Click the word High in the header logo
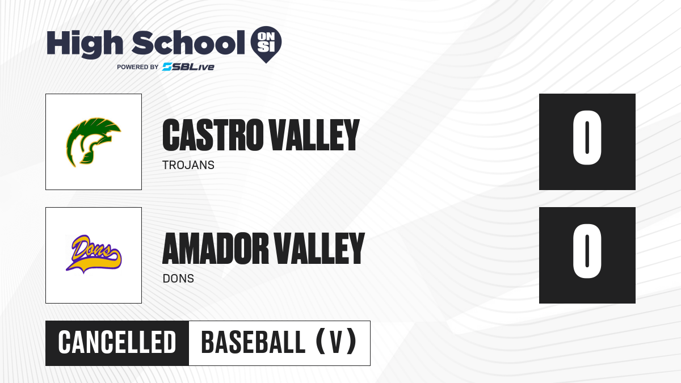pos(85,44)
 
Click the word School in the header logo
pos(188,43)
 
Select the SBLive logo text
pos(188,67)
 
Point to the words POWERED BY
pos(138,67)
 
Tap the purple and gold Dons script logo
pos(94,254)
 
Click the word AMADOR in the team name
pos(216,249)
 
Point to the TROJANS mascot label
pos(188,165)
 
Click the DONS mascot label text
pos(178,279)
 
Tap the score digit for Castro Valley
pos(587,138)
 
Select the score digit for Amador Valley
pos(587,251)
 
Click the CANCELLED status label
pos(117,343)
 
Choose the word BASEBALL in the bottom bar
pos(253,343)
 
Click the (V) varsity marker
pos(336,342)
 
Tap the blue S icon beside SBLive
pos(167,67)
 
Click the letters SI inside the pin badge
pos(266,47)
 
